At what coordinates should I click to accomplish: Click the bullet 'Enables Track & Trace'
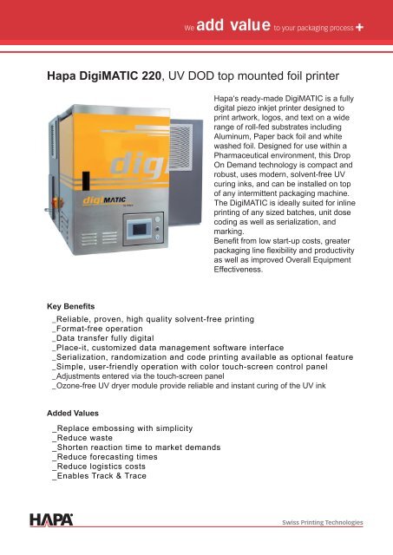(101, 476)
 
